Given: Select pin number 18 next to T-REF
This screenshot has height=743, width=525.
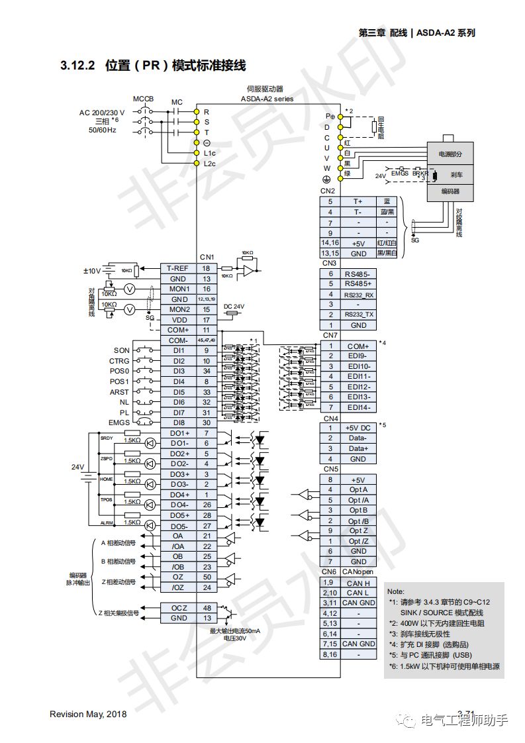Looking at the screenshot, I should click(207, 268).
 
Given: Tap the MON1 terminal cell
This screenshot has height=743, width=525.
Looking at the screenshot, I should click(179, 289).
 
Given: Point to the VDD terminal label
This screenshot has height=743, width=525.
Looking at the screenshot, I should click(179, 319).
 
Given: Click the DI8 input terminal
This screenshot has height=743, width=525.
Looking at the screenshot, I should click(179, 422).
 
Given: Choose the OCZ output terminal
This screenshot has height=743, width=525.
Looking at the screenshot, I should click(179, 607).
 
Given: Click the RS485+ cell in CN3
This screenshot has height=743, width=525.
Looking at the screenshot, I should click(358, 283).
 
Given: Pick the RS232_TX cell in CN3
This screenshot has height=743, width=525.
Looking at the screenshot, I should click(358, 315).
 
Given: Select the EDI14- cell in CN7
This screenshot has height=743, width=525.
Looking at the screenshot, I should click(358, 407).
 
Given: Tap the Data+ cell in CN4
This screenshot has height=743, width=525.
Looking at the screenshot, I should click(358, 448).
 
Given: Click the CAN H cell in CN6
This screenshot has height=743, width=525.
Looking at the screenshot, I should click(358, 583).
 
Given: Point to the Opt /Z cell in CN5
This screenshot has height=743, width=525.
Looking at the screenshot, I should click(358, 541).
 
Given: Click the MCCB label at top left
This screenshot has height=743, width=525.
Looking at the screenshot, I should click(143, 99).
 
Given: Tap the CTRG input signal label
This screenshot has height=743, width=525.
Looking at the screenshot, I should click(119, 361).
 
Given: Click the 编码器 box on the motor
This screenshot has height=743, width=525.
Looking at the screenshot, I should click(450, 191).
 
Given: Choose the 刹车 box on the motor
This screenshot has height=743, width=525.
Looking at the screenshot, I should click(456, 175).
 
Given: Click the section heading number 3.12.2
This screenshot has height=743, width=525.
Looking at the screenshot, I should click(78, 66).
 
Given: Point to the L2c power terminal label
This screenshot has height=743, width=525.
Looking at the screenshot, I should click(209, 164).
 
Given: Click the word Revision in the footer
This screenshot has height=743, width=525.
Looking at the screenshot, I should click(68, 714).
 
